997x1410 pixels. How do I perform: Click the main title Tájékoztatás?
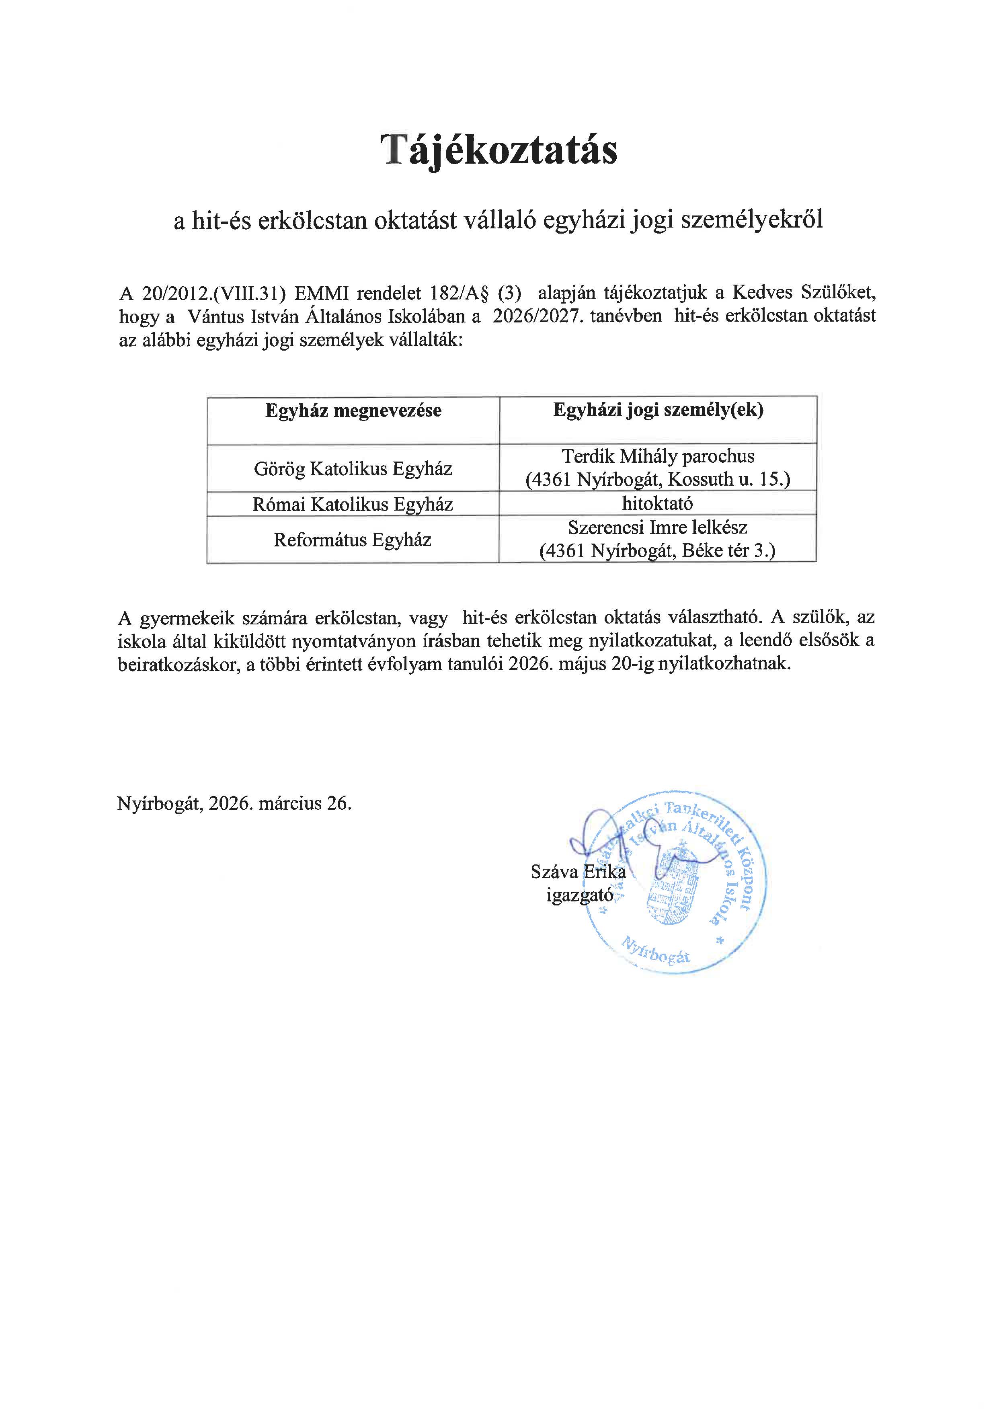point(498,150)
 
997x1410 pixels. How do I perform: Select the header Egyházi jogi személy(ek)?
point(658,410)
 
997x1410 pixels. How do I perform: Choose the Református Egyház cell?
point(353,540)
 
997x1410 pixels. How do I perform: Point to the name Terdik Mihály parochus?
point(658,456)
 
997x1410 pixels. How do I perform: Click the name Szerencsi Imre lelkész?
point(658,527)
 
